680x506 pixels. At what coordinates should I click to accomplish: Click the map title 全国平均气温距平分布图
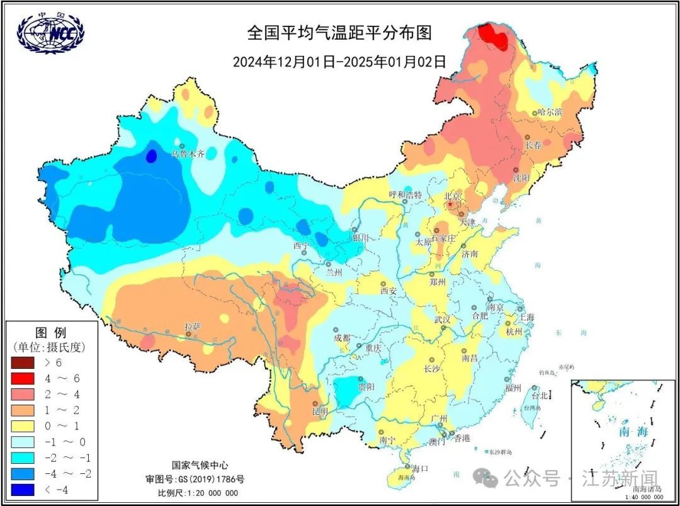tap(339, 33)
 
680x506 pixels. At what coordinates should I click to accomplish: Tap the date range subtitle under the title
tap(339, 62)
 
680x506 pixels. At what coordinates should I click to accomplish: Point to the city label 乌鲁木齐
tap(188, 153)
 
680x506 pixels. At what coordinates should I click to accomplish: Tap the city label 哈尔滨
tap(550, 112)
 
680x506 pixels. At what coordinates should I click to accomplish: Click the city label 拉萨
tap(193, 326)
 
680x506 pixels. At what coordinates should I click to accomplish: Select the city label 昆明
tap(320, 412)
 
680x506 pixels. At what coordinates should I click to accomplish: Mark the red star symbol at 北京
tap(450, 205)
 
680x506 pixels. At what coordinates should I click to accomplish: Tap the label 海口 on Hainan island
tap(420, 468)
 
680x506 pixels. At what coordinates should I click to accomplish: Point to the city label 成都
tap(341, 337)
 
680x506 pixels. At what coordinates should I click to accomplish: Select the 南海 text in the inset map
tap(633, 432)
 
